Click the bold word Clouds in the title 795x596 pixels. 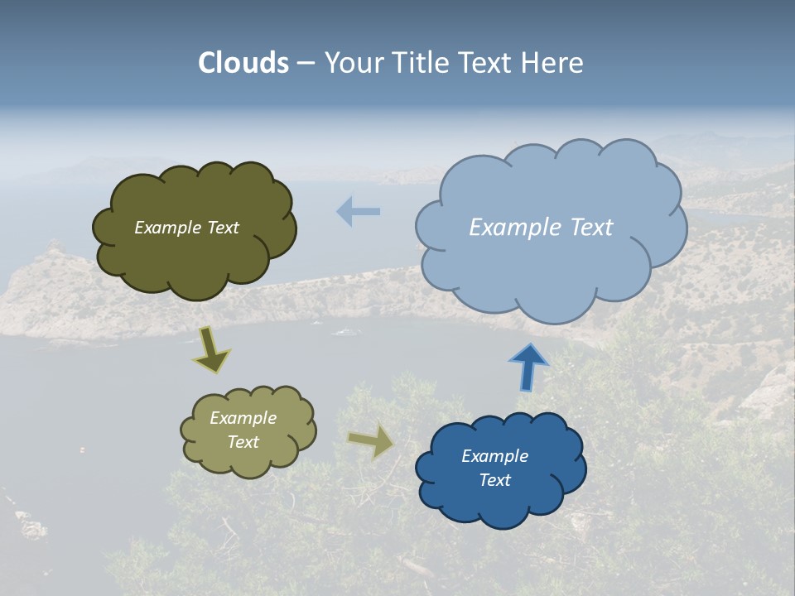[243, 63]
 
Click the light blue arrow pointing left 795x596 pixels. [358, 212]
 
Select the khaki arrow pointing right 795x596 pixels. [371, 440]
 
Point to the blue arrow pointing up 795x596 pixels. [528, 367]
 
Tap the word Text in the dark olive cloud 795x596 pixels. [221, 228]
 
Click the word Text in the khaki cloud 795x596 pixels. [243, 442]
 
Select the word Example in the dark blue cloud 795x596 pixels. [494, 456]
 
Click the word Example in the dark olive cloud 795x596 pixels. [166, 228]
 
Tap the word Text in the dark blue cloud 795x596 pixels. [494, 480]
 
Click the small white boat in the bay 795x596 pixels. [346, 332]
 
